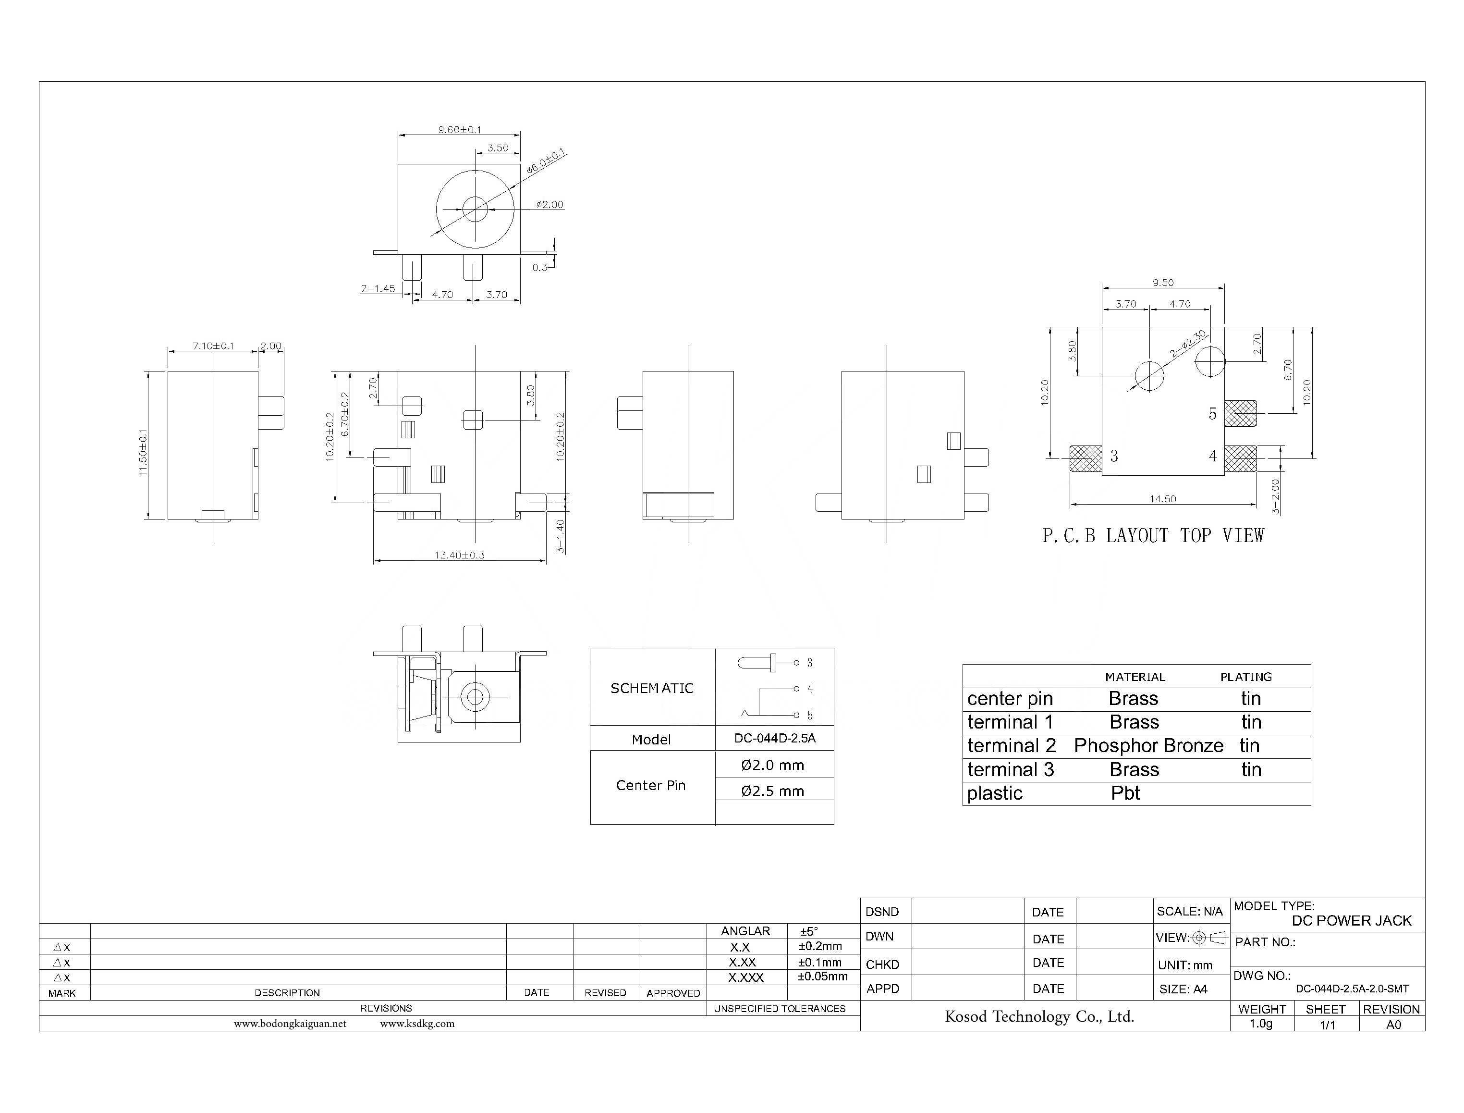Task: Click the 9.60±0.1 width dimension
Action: (x=460, y=130)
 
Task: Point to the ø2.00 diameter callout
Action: (x=549, y=205)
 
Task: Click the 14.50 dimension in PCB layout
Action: (x=1163, y=499)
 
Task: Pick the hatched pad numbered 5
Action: (x=1240, y=413)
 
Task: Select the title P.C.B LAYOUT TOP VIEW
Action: (x=1153, y=536)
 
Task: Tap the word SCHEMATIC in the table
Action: (x=652, y=688)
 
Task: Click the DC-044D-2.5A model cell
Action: (x=774, y=738)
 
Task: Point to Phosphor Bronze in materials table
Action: (x=1148, y=746)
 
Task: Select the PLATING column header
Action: (x=1245, y=677)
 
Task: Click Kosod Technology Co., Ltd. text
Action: (x=1039, y=1016)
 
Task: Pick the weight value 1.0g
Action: (x=1261, y=1024)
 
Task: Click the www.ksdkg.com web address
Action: (x=417, y=1024)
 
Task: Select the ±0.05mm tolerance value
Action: (x=822, y=977)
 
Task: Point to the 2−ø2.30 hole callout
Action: (x=1188, y=344)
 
